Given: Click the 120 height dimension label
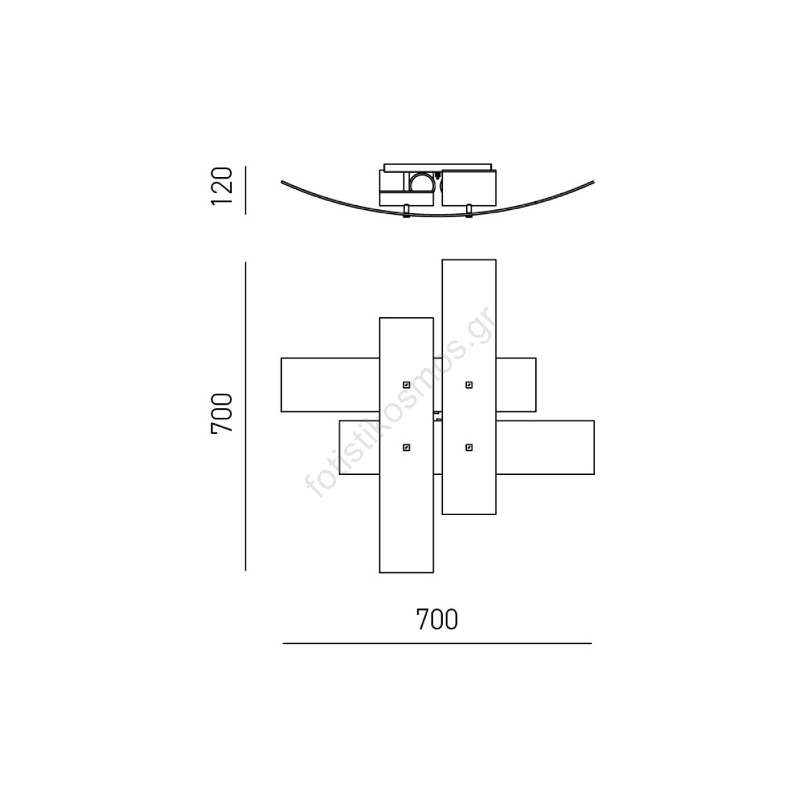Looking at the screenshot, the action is [x=221, y=186].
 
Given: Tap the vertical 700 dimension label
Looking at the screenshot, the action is [x=221, y=414].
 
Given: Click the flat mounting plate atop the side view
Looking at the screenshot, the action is [x=437, y=167].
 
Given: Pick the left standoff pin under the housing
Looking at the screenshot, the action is [x=406, y=211].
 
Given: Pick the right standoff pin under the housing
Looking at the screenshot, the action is [x=469, y=211].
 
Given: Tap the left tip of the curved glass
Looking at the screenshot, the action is [x=282, y=182].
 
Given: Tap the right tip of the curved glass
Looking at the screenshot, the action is [x=593, y=182].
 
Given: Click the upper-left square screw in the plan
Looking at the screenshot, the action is [x=406, y=385].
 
